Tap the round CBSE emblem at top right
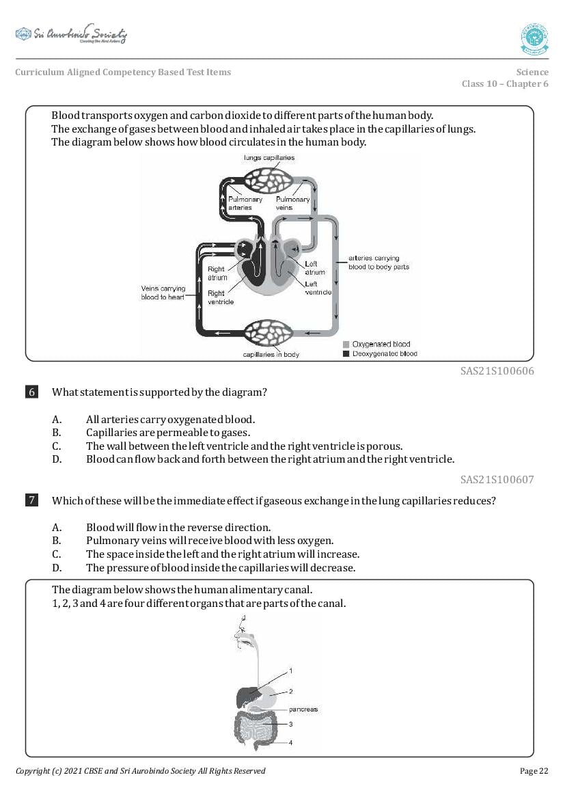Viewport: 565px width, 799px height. (534, 39)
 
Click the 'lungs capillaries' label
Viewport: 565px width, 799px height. (269, 158)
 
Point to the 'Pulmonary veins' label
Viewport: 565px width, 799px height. (292, 203)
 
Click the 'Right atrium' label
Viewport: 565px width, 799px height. (217, 273)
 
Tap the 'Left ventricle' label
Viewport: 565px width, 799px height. (318, 288)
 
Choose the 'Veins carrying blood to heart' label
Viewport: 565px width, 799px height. (163, 293)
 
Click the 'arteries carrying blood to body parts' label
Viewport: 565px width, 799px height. (378, 262)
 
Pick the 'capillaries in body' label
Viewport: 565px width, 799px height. (271, 355)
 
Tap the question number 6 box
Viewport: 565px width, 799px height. (31, 392)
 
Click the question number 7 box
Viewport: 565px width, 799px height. (31, 501)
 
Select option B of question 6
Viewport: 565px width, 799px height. (167, 433)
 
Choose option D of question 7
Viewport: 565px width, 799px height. (220, 568)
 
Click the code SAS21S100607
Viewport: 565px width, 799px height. (497, 480)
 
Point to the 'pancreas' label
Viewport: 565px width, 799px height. (303, 709)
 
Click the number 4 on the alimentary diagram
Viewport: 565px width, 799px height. (290, 742)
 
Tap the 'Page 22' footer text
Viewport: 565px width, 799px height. (534, 771)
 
